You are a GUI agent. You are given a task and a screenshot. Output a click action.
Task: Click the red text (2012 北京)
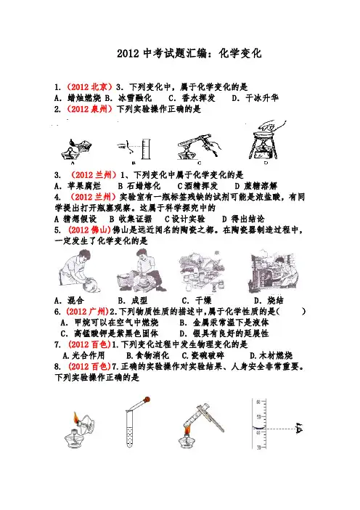[x=90, y=87]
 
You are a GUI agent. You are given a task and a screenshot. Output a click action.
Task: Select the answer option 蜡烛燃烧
[x=84, y=98]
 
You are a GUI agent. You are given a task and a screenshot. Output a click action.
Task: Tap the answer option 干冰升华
[x=262, y=98]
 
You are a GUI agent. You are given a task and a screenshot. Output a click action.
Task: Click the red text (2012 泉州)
[x=90, y=109]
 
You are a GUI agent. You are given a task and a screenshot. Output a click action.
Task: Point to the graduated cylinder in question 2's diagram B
[x=146, y=149]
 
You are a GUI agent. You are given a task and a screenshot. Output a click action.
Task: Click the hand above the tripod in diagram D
[x=272, y=125]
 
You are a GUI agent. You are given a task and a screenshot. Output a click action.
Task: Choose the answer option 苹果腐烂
[x=84, y=186]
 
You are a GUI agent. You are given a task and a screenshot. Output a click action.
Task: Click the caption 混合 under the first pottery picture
[x=75, y=300]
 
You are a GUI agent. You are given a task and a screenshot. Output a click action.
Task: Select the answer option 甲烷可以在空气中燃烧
[x=116, y=323]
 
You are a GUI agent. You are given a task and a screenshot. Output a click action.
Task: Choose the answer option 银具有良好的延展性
[x=231, y=333]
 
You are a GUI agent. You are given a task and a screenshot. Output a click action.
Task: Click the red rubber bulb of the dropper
[x=147, y=399]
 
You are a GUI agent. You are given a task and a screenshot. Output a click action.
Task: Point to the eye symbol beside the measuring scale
[x=299, y=429]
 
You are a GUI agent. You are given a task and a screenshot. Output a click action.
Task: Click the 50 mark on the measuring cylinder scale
[x=258, y=417]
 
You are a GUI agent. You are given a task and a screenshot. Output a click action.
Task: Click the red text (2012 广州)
[x=87, y=312]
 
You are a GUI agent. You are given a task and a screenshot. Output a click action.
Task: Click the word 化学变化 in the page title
[x=240, y=53]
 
